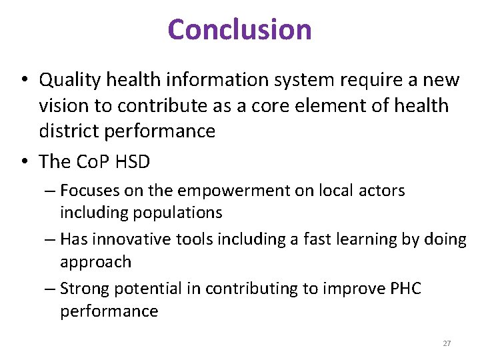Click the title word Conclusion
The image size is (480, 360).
click(x=240, y=29)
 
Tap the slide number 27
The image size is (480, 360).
click(x=447, y=343)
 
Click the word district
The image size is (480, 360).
click(x=69, y=131)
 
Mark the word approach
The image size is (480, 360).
click(x=96, y=261)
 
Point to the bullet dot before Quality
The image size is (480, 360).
click(x=23, y=81)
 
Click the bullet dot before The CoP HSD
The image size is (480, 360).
click(x=23, y=162)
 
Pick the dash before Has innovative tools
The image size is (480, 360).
click(x=51, y=239)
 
